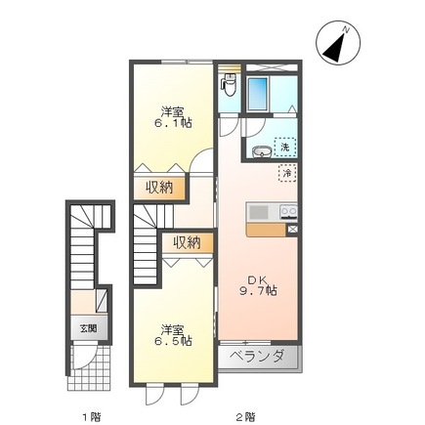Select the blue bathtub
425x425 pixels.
tap(261, 93)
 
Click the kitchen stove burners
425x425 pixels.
tap(287, 211)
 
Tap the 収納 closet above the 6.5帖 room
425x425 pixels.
tap(186, 241)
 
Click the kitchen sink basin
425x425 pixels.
tap(260, 212)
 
